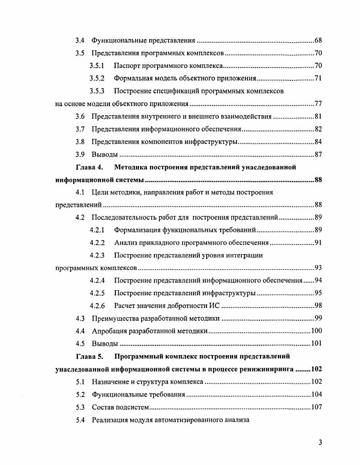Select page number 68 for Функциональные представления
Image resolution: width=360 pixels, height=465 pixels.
point(318,41)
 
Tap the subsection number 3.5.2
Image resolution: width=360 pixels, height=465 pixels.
point(97,78)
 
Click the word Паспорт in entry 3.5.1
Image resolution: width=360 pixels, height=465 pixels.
point(128,66)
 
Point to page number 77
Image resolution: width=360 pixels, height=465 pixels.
point(318,104)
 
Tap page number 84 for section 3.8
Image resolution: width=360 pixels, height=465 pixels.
point(318,142)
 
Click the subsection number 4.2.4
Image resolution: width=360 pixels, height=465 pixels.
point(97,280)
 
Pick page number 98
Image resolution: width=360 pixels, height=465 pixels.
point(318,305)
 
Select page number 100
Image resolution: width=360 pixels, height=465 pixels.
point(316,331)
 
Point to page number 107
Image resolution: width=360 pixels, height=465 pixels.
point(316,407)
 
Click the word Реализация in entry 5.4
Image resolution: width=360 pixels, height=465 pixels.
point(111,420)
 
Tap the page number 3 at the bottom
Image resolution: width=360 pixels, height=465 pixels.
point(320,443)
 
